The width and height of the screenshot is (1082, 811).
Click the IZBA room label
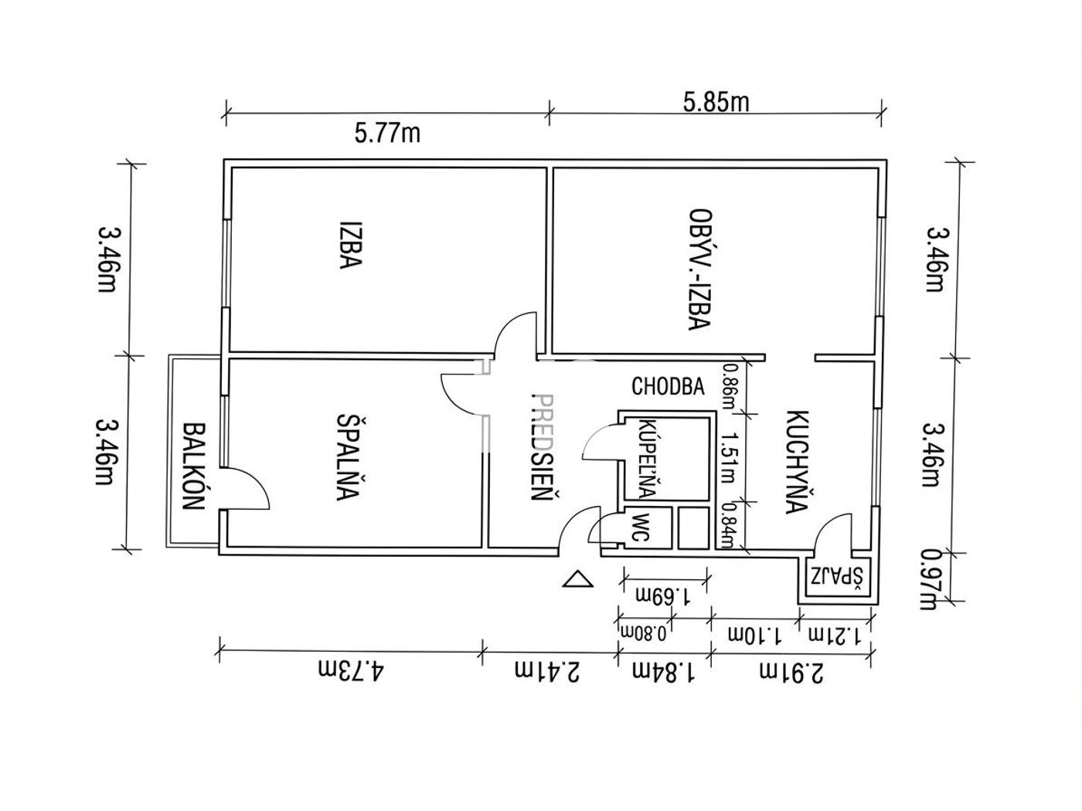click(350, 244)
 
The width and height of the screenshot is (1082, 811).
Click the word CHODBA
click(668, 386)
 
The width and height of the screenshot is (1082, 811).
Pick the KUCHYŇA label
click(797, 461)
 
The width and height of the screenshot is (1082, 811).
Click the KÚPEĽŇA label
click(646, 459)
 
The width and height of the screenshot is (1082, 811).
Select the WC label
click(639, 527)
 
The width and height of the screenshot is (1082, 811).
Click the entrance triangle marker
click(578, 579)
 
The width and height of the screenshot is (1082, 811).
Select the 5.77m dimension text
click(387, 134)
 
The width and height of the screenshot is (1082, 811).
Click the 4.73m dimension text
click(350, 672)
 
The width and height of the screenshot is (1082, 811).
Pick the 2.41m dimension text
click(547, 672)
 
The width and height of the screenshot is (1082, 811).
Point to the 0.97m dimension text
click(931, 579)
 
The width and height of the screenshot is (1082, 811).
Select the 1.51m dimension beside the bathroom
click(727, 457)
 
